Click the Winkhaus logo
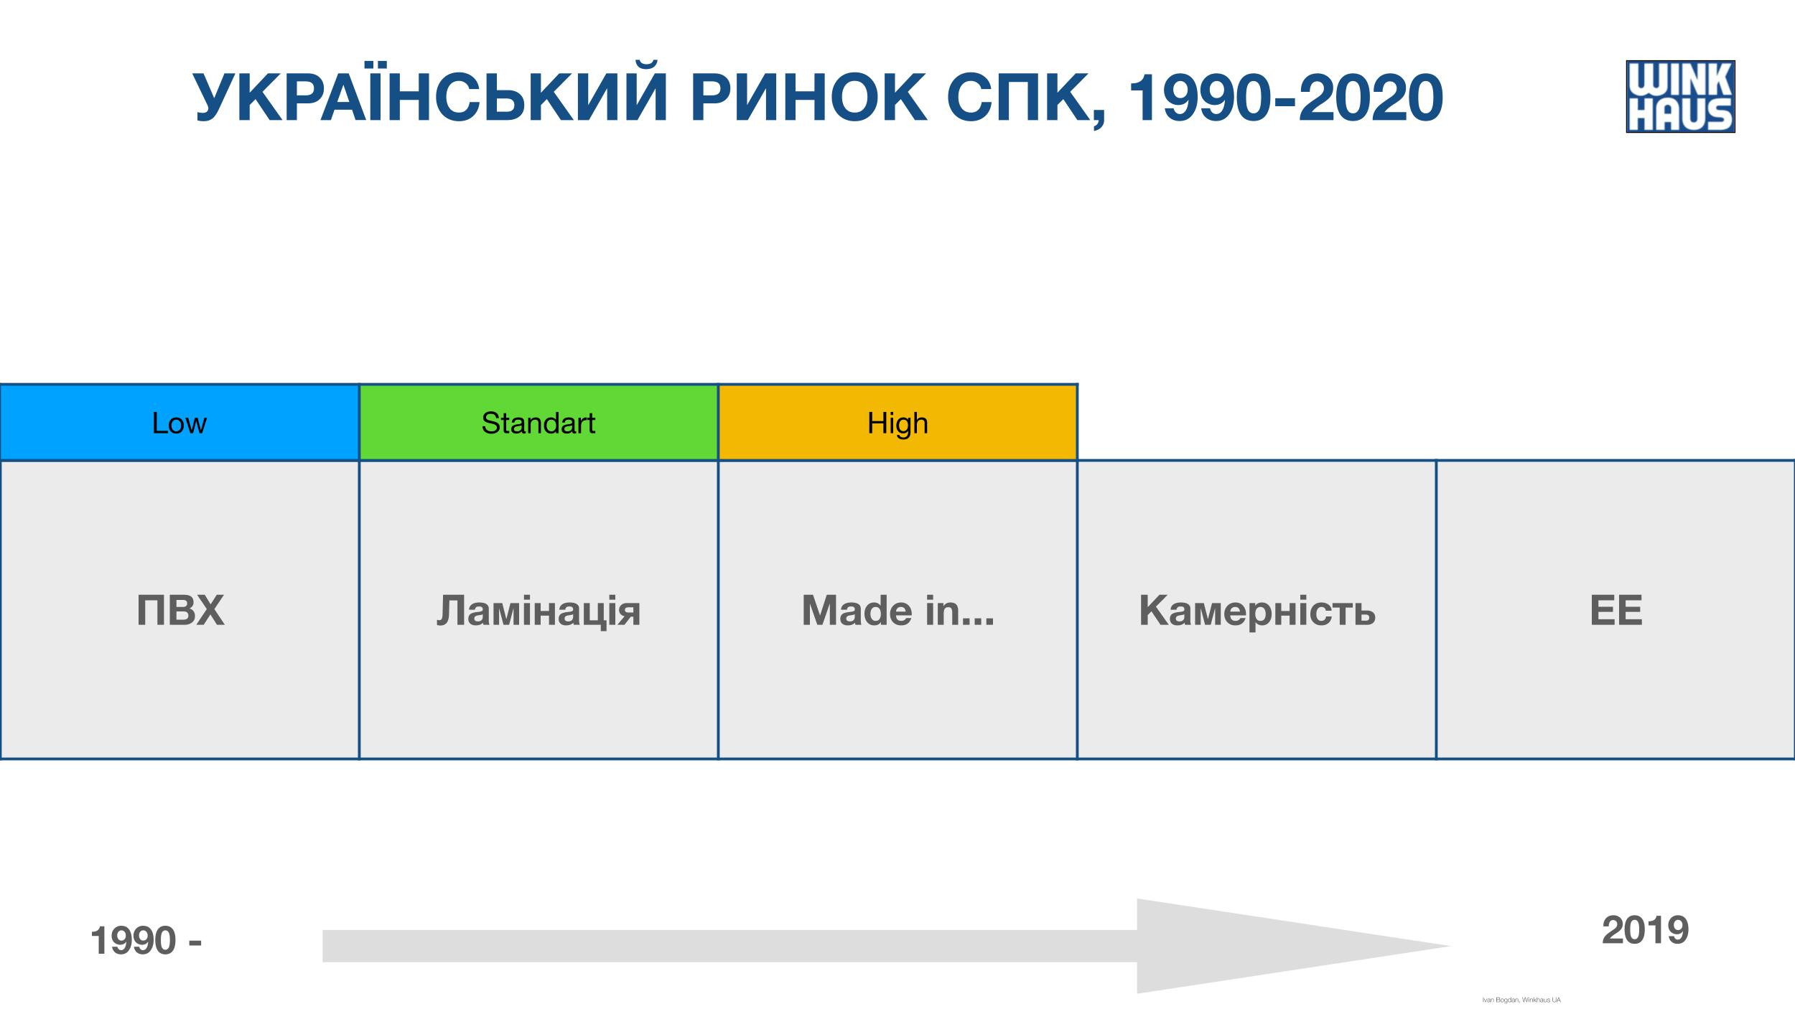pyautogui.click(x=1680, y=96)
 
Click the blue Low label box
pyautogui.click(x=179, y=422)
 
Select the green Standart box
pyautogui.click(x=538, y=422)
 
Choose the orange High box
pyautogui.click(x=897, y=422)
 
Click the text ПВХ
pyautogui.click(x=180, y=611)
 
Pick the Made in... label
pyautogui.click(x=898, y=611)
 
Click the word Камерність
pyautogui.click(x=1257, y=611)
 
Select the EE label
pyautogui.click(x=1616, y=611)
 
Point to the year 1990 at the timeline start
pyautogui.click(x=134, y=941)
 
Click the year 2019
pyautogui.click(x=1645, y=931)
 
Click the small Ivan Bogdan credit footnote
pyautogui.click(x=1521, y=1000)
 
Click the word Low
pyautogui.click(x=179, y=423)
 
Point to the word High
pyautogui.click(x=897, y=424)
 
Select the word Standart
pyautogui.click(x=538, y=423)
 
